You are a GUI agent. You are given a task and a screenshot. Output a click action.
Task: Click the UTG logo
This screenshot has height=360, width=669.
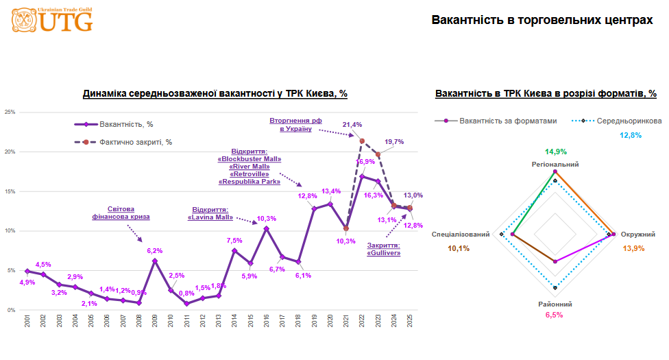[x=52, y=21]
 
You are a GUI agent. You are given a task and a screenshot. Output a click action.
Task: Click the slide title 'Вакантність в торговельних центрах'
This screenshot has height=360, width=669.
[x=542, y=21]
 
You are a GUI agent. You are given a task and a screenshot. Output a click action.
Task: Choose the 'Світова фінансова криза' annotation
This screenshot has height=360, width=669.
[x=121, y=213]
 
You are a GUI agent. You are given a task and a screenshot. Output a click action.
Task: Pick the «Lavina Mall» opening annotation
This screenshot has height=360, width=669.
[x=210, y=213]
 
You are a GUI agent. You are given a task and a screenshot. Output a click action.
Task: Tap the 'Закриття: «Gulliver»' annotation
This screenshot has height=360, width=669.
[x=384, y=249]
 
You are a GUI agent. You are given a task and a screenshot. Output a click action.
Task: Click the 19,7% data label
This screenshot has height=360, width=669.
[x=393, y=142]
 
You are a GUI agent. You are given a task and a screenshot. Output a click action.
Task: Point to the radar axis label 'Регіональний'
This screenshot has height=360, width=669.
[x=555, y=165]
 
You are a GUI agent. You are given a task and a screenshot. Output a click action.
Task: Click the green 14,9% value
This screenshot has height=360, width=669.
[x=555, y=152]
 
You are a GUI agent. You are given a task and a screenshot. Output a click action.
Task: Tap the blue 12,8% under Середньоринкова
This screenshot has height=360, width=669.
[x=631, y=135]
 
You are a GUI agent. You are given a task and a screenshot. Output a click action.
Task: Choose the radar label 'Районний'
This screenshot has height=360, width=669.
[x=555, y=304]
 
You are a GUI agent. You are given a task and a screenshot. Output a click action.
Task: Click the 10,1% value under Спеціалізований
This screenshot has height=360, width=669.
[x=459, y=248]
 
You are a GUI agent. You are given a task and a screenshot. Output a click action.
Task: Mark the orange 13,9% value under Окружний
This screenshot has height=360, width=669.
[x=633, y=248]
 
